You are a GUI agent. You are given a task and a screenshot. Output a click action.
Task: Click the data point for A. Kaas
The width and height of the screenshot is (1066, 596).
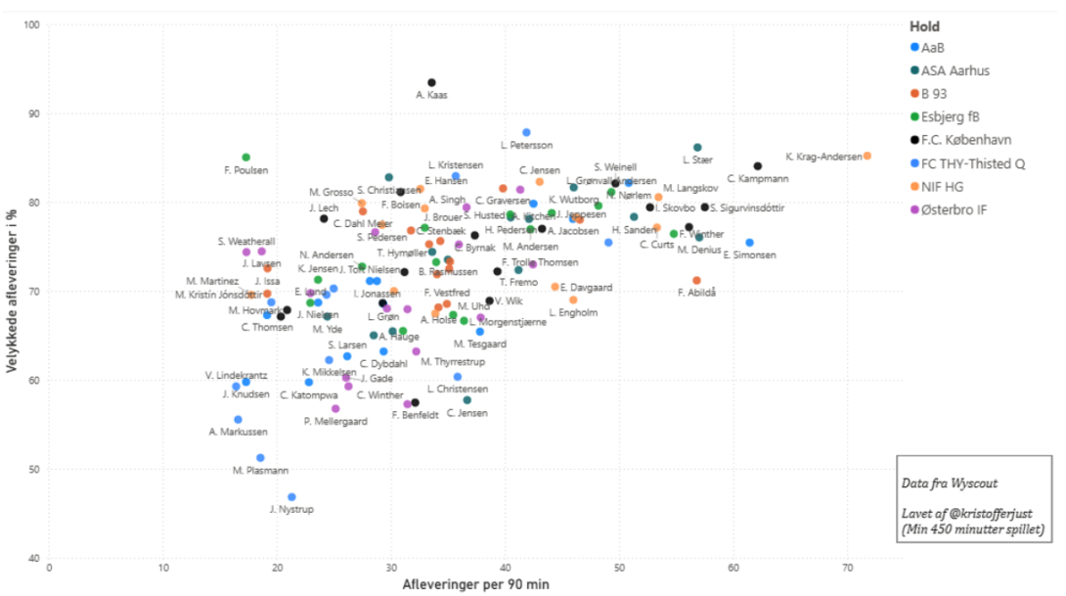click(x=431, y=82)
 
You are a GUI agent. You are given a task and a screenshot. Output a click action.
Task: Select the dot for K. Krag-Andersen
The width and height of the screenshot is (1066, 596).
click(x=867, y=156)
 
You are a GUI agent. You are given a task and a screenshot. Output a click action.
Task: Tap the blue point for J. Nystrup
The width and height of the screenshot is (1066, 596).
click(x=291, y=497)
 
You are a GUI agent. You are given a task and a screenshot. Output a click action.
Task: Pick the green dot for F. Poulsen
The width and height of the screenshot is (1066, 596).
click(x=246, y=158)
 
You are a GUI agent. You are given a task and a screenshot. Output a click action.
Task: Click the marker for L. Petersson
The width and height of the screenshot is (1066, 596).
click(x=526, y=132)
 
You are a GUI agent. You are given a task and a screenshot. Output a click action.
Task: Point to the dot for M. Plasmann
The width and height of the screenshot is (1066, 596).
click(x=260, y=458)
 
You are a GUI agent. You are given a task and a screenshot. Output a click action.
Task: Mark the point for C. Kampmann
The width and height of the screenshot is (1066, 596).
click(x=758, y=166)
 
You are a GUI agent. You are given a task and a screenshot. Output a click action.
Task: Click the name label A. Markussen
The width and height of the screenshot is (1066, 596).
click(x=238, y=432)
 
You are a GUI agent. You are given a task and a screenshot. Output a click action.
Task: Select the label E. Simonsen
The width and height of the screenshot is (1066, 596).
click(x=749, y=255)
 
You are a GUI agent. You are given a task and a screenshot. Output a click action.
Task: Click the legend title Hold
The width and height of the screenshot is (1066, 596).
click(x=924, y=26)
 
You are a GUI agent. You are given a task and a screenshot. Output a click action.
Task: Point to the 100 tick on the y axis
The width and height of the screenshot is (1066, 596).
click(x=31, y=24)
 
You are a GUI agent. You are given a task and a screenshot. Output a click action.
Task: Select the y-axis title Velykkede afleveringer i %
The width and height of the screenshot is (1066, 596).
click(x=11, y=291)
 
